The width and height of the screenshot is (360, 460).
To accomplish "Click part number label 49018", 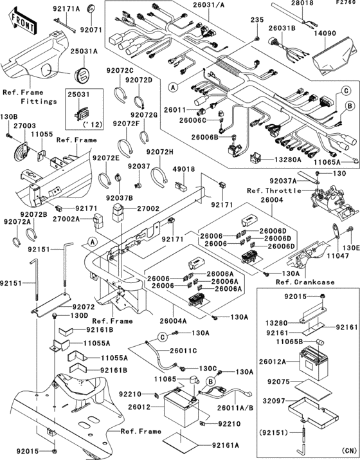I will pos(183,169).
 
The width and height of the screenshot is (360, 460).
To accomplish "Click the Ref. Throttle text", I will pos(273,190).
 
